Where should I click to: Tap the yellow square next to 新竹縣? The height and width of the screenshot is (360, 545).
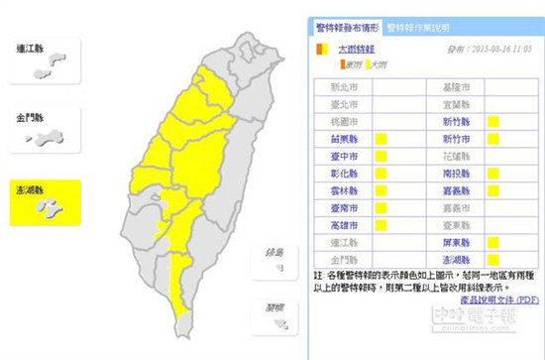(491, 139)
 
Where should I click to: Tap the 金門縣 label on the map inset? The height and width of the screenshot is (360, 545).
(33, 118)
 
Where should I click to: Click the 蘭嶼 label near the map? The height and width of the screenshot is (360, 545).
(263, 306)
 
